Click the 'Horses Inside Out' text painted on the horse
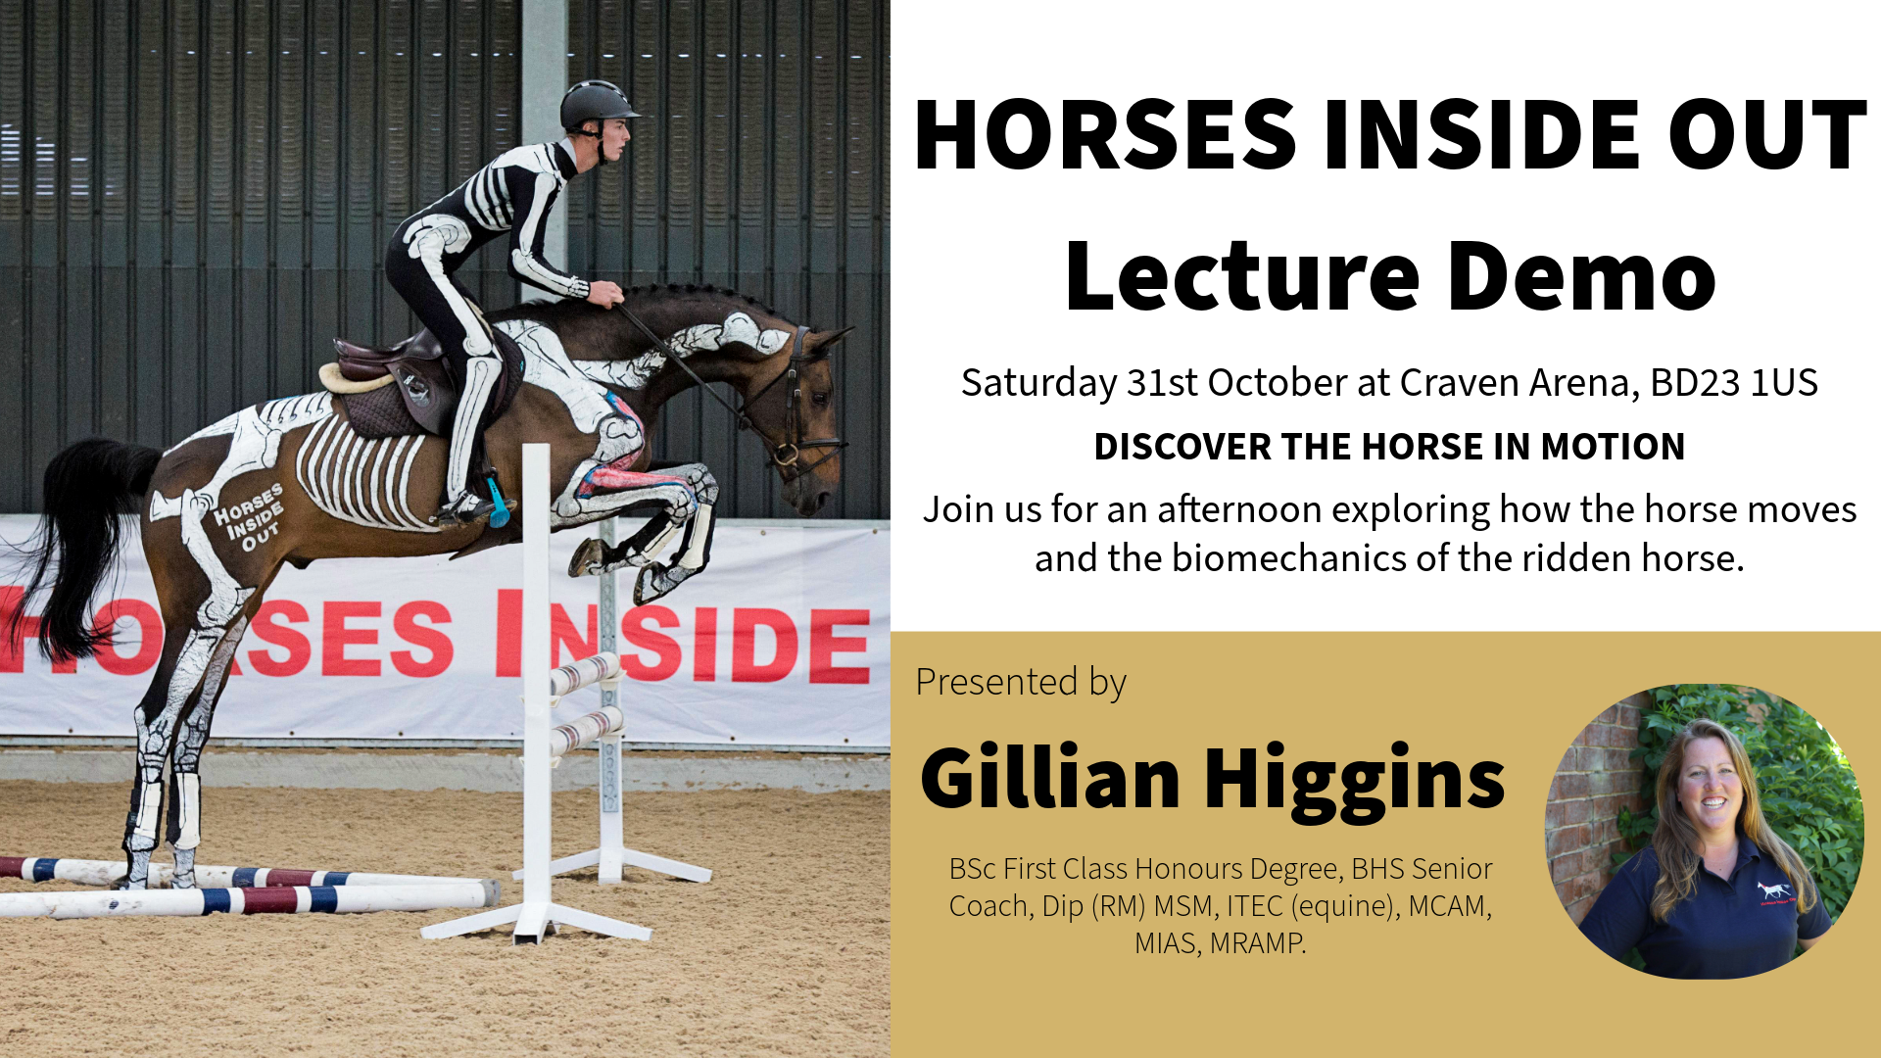pos(249,516)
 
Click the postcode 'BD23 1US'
pos(1733,382)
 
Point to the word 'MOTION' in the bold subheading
pos(1613,447)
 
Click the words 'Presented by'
pos(1021,683)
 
